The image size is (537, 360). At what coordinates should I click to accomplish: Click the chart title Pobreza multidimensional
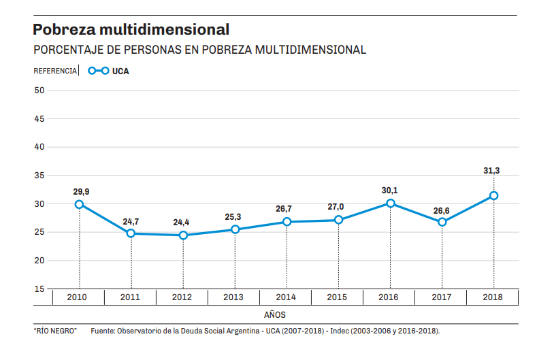[x=131, y=30]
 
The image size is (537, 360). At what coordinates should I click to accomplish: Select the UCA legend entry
[x=109, y=71]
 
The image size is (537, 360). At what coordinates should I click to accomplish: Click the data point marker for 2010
[x=79, y=204]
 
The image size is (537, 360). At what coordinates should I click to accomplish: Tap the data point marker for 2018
[x=494, y=196]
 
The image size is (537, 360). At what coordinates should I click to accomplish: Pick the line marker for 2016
[x=391, y=203]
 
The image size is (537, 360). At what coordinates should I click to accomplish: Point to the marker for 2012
[x=183, y=235]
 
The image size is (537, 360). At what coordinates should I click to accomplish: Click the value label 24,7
[x=131, y=221]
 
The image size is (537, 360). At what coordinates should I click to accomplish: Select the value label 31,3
[x=492, y=171]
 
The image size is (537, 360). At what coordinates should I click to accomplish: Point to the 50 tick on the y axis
[x=39, y=90]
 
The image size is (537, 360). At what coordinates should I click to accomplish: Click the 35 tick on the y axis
[x=39, y=176]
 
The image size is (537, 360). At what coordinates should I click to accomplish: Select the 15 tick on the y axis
[x=39, y=289]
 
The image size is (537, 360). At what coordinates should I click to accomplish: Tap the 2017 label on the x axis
[x=442, y=297]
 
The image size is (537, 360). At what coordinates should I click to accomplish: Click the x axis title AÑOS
[x=274, y=314]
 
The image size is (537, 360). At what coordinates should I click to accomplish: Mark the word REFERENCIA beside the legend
[x=55, y=71]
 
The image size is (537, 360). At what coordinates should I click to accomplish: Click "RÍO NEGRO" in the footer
[x=55, y=331]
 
